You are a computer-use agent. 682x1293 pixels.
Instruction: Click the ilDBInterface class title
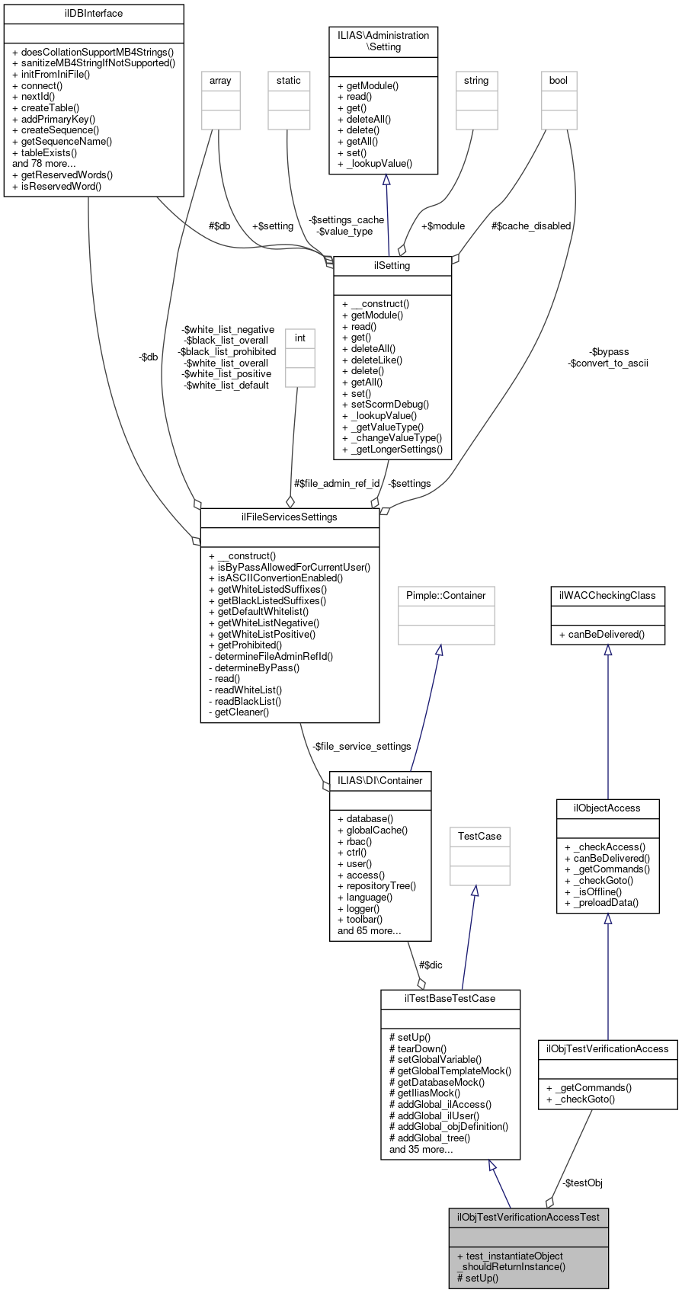(x=94, y=14)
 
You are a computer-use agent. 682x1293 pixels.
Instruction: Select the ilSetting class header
(x=392, y=266)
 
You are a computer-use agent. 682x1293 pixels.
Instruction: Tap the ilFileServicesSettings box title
(x=289, y=517)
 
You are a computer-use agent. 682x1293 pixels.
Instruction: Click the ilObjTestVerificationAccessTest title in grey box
(x=528, y=1217)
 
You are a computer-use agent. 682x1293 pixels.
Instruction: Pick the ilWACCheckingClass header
(x=607, y=595)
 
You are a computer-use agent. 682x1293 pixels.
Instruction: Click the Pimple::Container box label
(x=446, y=595)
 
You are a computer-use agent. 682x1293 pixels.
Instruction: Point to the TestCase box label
(x=479, y=837)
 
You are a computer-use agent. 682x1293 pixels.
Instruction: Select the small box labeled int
(x=299, y=338)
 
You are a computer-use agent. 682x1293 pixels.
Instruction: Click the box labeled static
(x=288, y=81)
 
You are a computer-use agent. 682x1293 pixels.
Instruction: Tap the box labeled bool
(x=559, y=81)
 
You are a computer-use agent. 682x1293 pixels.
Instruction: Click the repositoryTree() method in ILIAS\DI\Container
(x=376, y=886)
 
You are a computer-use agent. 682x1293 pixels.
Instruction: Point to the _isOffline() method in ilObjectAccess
(x=593, y=891)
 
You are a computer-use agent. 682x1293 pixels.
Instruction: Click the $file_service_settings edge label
(x=361, y=747)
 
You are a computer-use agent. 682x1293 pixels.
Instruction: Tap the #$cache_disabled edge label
(x=530, y=226)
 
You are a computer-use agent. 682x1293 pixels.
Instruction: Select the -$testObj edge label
(x=582, y=1183)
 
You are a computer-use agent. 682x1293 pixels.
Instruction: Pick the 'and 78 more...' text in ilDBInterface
(x=44, y=164)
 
